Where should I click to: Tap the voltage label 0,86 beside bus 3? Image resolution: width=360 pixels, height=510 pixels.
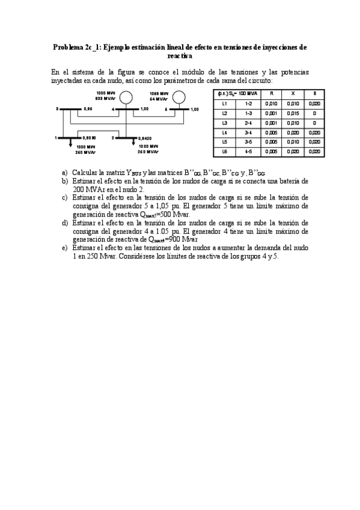point(88,109)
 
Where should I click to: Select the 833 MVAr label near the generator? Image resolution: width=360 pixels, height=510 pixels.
point(105,97)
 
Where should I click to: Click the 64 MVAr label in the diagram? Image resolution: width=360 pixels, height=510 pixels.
point(158,98)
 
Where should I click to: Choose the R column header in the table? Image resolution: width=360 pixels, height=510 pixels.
point(272,94)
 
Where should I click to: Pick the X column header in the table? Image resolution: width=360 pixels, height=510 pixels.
point(293,94)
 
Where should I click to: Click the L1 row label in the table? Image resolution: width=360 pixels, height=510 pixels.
point(224,103)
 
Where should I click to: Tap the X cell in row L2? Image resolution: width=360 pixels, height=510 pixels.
point(293,113)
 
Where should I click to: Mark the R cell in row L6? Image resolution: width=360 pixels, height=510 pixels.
point(272,152)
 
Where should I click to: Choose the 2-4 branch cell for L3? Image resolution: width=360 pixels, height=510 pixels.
point(248,123)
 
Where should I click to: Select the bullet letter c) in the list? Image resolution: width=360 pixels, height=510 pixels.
point(65,197)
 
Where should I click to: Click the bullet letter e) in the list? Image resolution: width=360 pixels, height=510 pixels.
point(65,247)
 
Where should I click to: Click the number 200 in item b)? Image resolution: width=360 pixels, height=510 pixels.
point(78,188)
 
